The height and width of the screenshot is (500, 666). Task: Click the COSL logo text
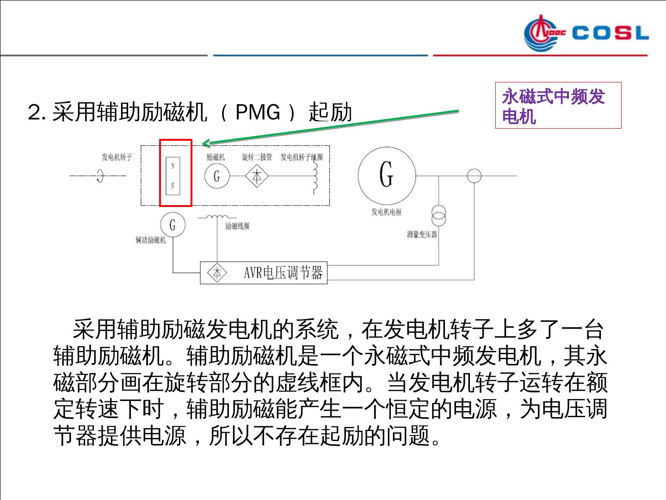point(610,33)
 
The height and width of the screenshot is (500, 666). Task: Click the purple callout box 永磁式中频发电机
point(558,106)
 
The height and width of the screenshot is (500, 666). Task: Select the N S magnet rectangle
point(173,176)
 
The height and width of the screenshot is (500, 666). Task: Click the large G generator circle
point(387,175)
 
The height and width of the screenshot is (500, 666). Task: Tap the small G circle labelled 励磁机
point(216,176)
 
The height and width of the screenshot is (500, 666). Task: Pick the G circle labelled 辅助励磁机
point(173,225)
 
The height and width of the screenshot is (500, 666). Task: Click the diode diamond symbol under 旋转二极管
point(257,176)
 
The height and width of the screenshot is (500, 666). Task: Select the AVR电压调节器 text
point(283,273)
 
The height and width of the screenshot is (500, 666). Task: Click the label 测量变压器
point(422,235)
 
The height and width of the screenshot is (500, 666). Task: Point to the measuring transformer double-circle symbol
point(438,215)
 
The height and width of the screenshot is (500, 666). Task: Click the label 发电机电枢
point(387,212)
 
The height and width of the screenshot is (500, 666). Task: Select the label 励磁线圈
point(237,226)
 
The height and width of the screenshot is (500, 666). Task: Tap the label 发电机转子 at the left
point(117,157)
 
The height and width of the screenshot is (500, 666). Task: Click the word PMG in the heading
point(258,112)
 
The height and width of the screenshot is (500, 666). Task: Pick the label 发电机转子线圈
point(301,157)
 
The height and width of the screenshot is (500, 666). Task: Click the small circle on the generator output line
point(474,176)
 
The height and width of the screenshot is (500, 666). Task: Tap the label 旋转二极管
point(257,157)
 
